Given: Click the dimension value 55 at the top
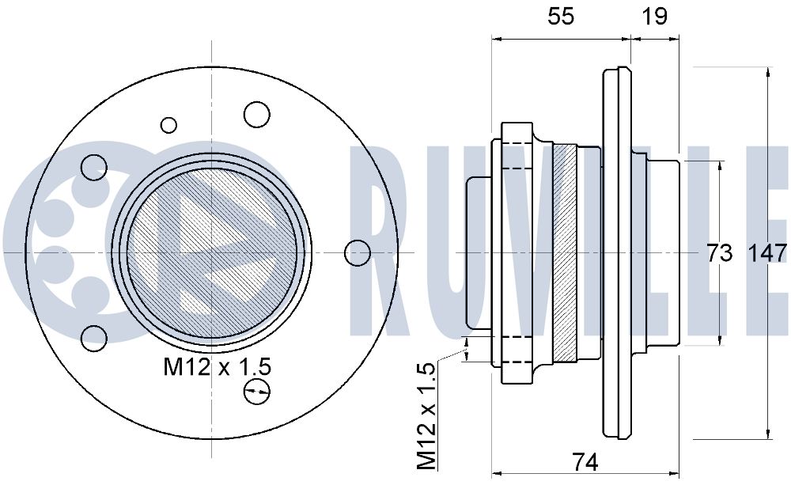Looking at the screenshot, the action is click(561, 16).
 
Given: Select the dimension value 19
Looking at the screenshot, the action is click(654, 16).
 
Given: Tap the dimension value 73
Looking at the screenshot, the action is click(719, 253).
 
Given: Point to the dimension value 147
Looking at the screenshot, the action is click(766, 253).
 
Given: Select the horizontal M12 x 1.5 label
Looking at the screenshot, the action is click(217, 367).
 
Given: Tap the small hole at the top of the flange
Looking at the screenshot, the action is click(169, 125).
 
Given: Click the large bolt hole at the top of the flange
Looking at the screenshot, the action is click(257, 114).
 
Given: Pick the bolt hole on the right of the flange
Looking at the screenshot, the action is click(358, 253).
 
